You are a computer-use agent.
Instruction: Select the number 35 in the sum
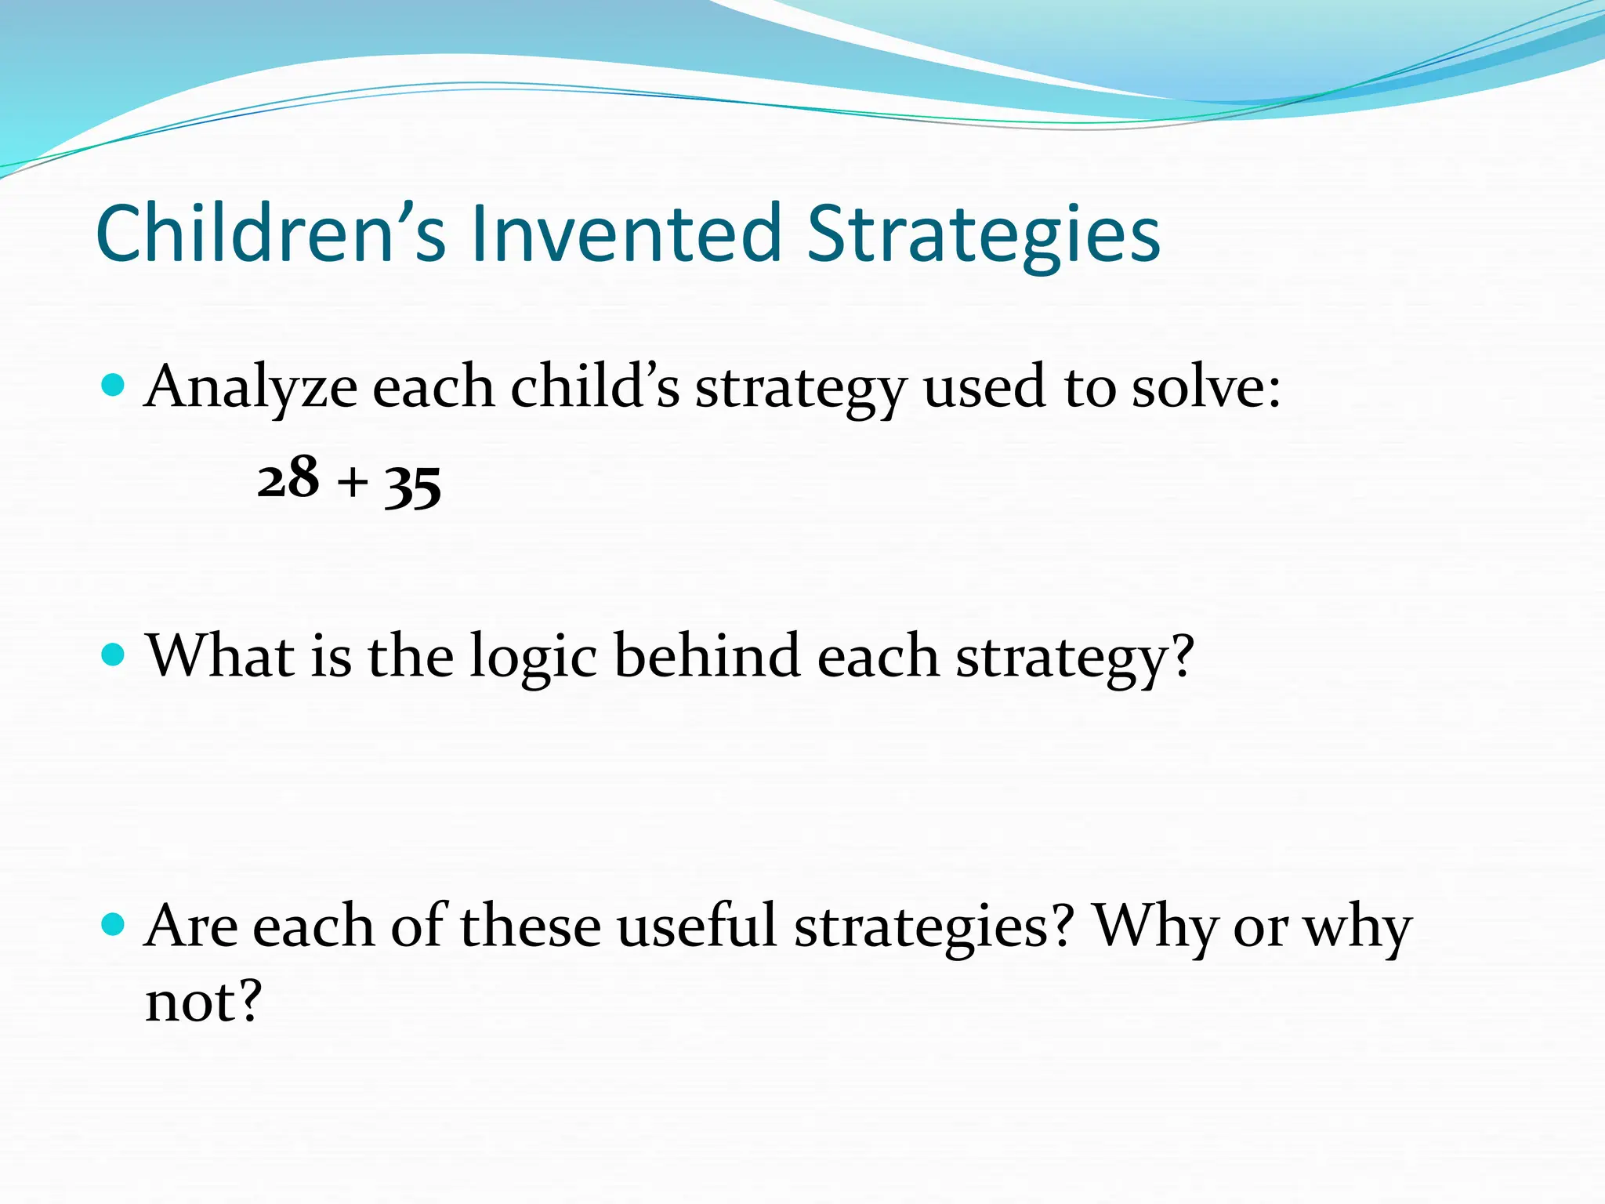tap(413, 484)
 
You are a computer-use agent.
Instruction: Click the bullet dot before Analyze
tap(114, 386)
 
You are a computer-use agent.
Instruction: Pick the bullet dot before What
tap(114, 655)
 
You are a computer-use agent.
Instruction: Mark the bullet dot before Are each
tap(114, 925)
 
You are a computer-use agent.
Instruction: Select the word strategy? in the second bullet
tap(1074, 658)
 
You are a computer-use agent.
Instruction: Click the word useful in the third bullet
tap(697, 927)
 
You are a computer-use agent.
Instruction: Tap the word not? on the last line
tap(203, 1002)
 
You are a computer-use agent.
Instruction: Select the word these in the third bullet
tap(530, 927)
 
